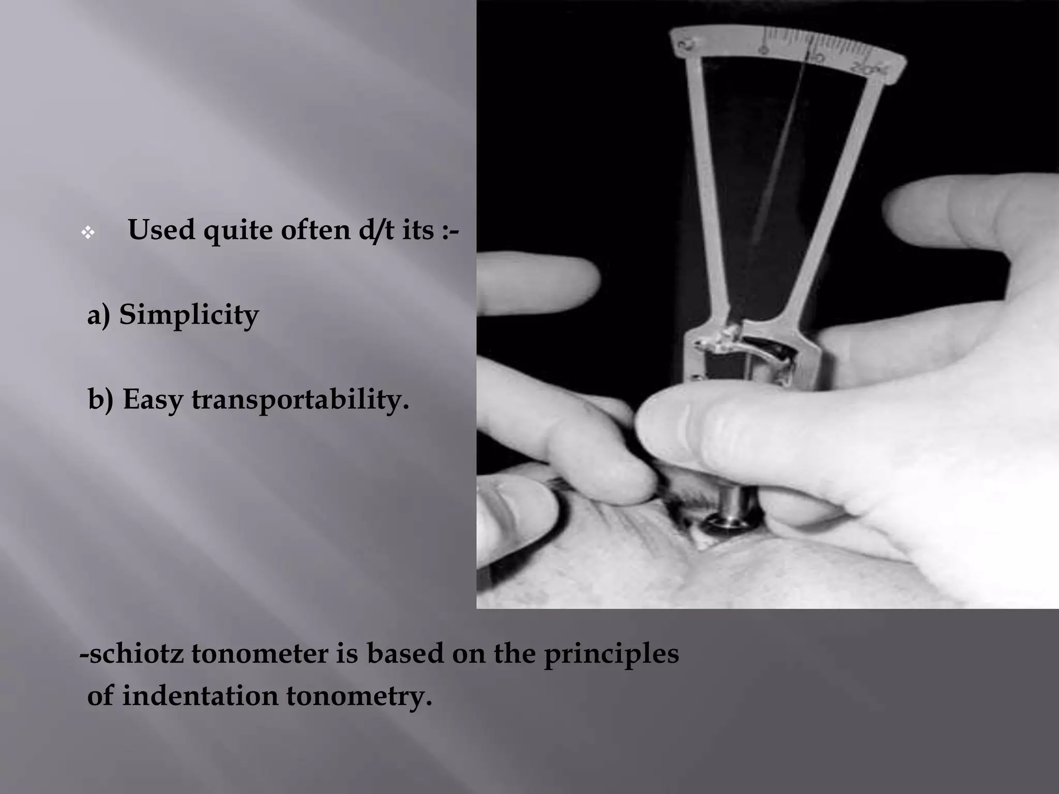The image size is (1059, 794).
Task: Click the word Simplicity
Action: [189, 315]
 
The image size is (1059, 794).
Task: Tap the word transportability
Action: [300, 400]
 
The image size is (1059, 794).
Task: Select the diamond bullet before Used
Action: [88, 233]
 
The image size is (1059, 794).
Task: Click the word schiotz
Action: [135, 654]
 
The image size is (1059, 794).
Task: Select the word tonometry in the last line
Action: [359, 696]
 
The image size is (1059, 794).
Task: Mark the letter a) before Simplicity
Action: [99, 315]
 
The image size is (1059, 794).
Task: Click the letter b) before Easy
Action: [100, 400]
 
